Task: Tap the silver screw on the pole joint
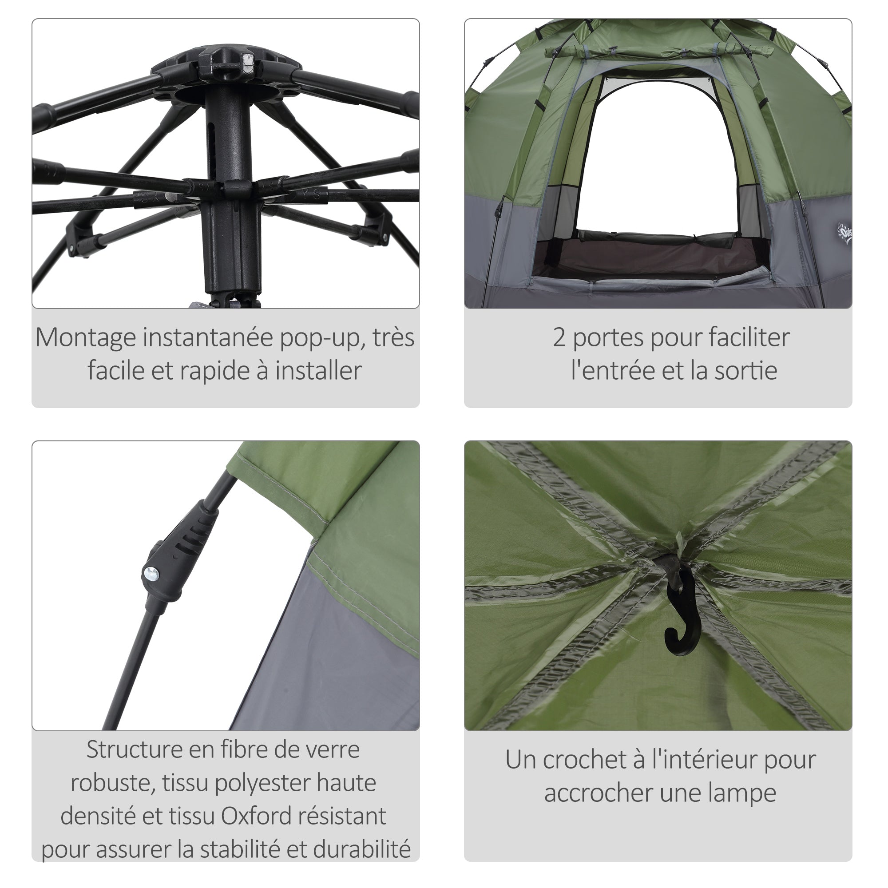coord(151,573)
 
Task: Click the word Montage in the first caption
coord(86,338)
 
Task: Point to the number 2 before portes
coord(559,338)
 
